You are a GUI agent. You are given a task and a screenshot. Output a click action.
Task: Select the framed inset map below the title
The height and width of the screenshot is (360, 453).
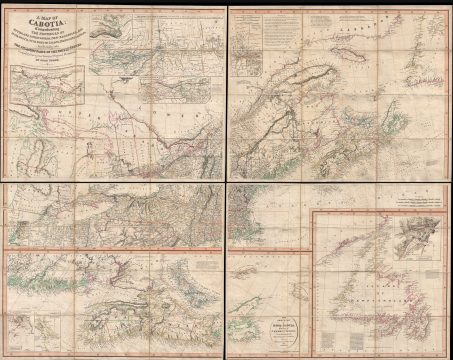coord(41,107)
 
